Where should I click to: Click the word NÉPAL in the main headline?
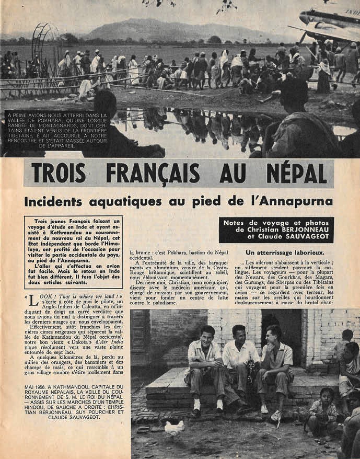pyautogui.click(x=291, y=173)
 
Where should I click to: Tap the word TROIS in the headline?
pyautogui.click(x=62, y=173)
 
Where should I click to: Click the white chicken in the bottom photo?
pyautogui.click(x=175, y=429)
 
